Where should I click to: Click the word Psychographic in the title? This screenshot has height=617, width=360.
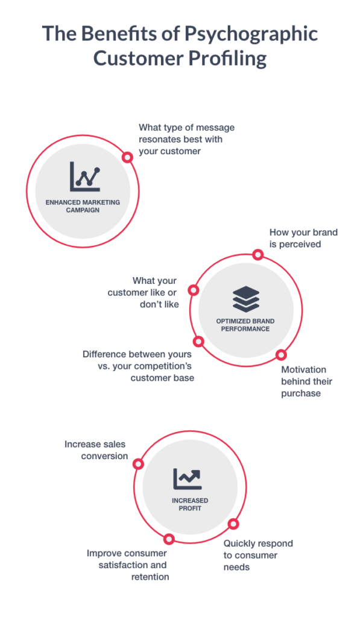[251, 34]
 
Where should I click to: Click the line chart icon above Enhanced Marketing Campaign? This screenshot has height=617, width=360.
[85, 177]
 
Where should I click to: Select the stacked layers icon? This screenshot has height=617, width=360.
[246, 299]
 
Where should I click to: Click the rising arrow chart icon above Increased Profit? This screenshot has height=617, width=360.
[188, 479]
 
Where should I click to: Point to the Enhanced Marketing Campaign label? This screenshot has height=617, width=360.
[83, 206]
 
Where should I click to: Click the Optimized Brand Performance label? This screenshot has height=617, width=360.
[245, 325]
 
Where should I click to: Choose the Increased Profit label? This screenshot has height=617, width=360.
[190, 504]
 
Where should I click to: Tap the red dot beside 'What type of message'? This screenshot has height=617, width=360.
[127, 157]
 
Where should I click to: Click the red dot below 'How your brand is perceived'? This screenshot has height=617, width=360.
[258, 255]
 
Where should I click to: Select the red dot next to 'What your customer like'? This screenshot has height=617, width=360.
[194, 290]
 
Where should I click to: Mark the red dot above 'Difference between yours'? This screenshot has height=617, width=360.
[199, 342]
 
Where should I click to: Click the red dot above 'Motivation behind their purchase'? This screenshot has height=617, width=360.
[281, 355]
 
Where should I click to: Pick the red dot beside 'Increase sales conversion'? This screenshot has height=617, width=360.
[138, 464]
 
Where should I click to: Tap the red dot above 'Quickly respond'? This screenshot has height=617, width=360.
[233, 524]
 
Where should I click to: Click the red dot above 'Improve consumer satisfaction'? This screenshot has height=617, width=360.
[169, 539]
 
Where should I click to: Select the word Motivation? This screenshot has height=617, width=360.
[304, 370]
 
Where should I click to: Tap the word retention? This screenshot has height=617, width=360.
[150, 577]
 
